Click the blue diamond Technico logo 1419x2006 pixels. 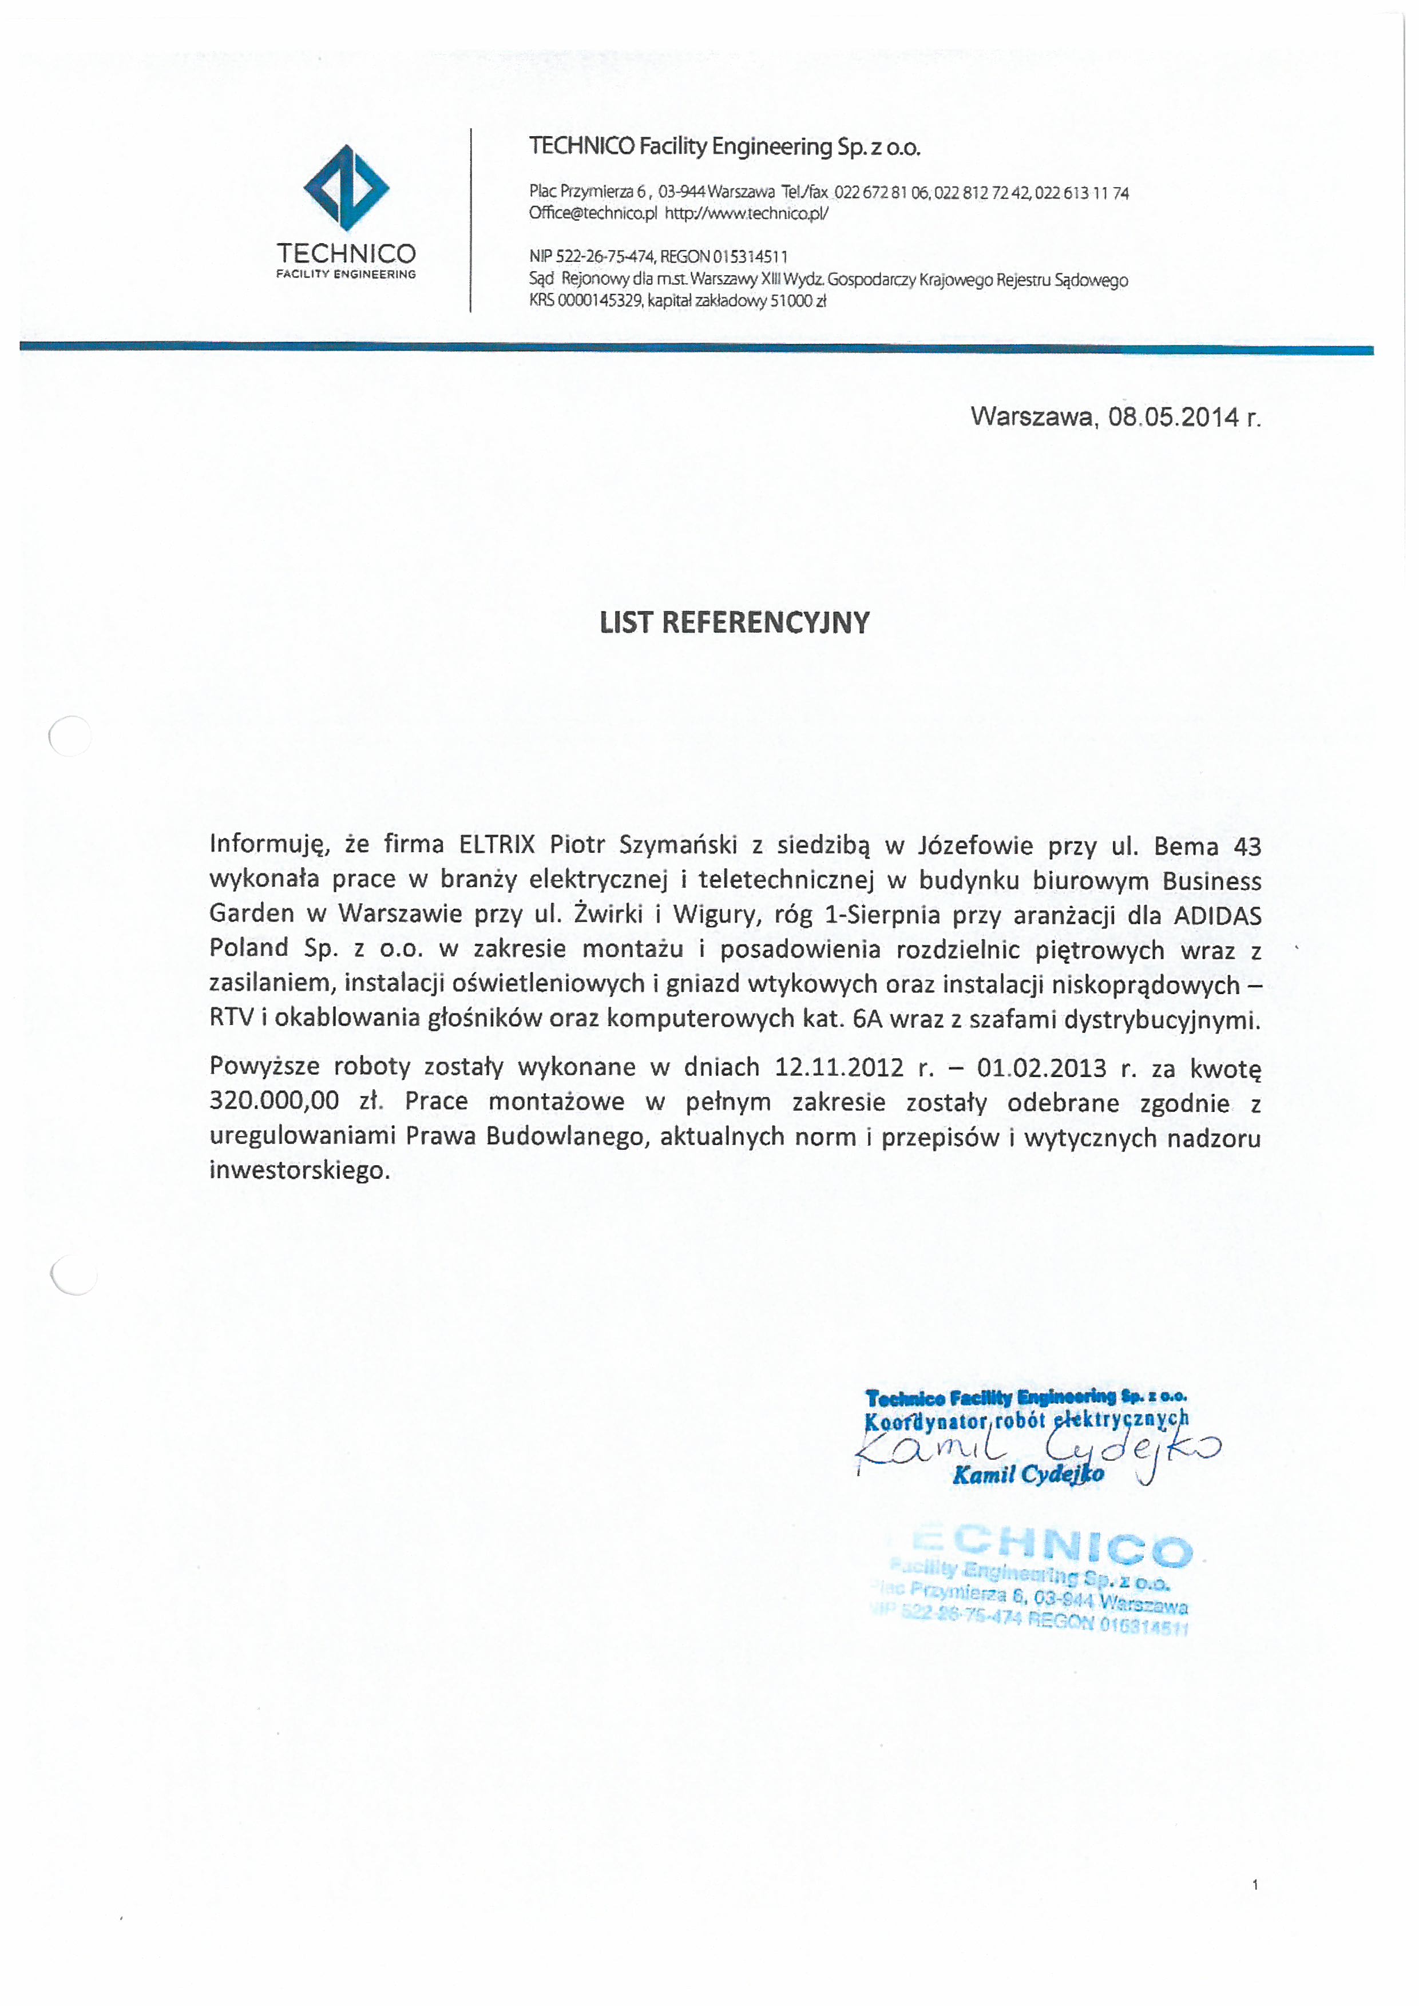[x=346, y=188]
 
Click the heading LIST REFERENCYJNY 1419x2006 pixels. [x=734, y=622]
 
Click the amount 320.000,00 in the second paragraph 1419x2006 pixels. [x=274, y=1101]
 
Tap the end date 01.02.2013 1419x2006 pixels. [x=1041, y=1068]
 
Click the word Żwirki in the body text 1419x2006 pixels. [x=605, y=915]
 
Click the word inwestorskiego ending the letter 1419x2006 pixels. [x=299, y=1171]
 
